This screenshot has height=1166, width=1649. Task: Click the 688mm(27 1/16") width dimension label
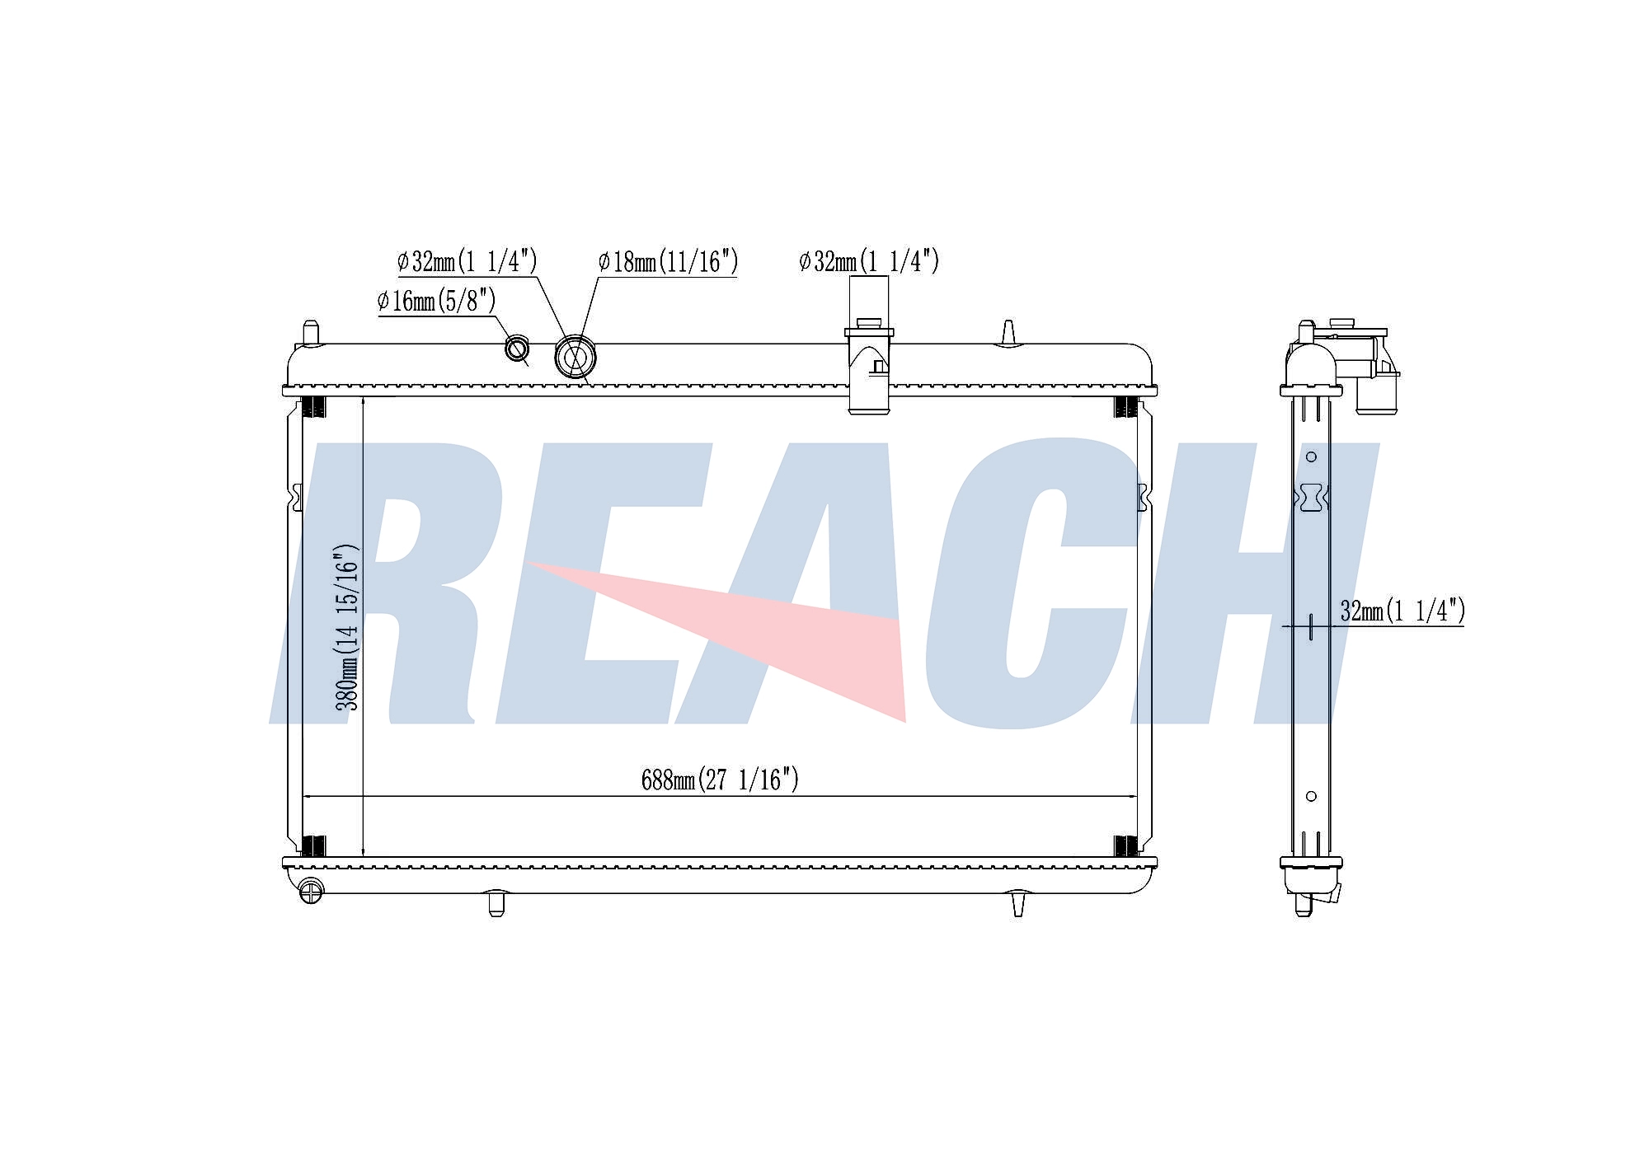pos(720,779)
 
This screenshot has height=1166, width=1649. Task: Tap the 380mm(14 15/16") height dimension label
pos(347,626)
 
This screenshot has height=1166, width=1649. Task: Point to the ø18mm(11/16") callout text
pos(668,262)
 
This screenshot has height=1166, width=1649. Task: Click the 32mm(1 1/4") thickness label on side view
pos(1402,611)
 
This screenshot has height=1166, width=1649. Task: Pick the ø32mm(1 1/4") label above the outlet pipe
pos(869,261)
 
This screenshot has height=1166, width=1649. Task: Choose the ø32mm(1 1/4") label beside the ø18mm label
pos(467,261)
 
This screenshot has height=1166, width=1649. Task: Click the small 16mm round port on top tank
pos(517,349)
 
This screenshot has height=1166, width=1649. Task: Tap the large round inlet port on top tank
pos(576,358)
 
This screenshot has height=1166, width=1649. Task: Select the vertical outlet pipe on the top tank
pos(869,367)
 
